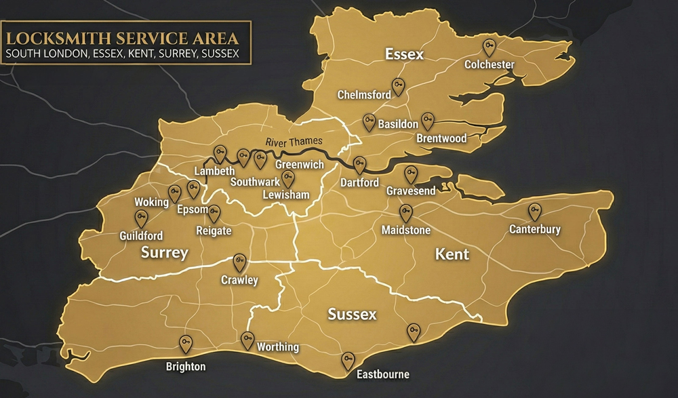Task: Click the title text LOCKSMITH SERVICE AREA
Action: point(125,36)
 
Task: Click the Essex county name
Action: point(404,54)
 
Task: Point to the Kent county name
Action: point(452,254)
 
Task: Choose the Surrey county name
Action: point(164,253)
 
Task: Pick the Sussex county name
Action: point(352,315)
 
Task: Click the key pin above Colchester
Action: point(489,47)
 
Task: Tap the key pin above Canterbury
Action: point(535,212)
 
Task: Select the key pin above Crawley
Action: point(239,262)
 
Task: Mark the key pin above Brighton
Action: point(185,344)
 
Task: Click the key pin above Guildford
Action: point(141,218)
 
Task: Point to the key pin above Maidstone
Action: point(405,213)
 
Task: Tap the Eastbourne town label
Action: point(383,374)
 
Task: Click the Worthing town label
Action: point(277,347)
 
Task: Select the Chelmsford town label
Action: point(364,95)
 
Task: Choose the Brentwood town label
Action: point(441,138)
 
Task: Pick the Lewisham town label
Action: point(286,195)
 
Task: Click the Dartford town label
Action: point(359,183)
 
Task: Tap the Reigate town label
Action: point(213,231)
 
